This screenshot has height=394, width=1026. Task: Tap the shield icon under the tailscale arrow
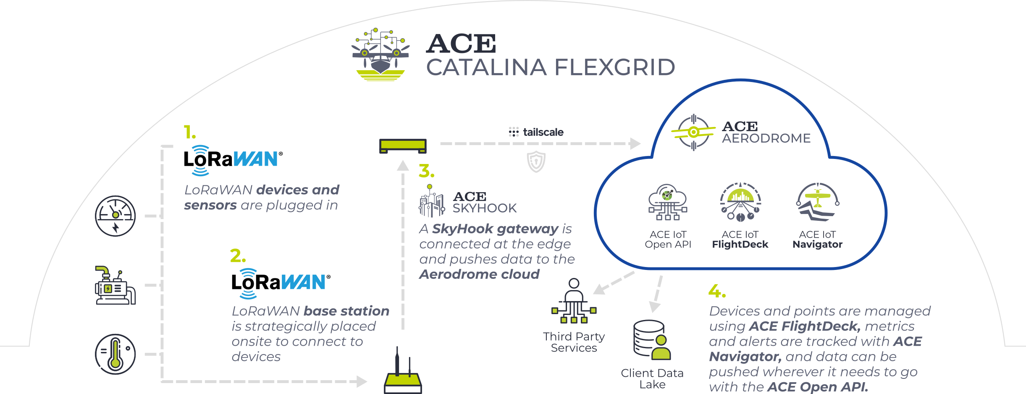(536, 161)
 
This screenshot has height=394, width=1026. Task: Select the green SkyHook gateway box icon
(403, 146)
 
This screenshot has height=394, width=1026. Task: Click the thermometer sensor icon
(115, 354)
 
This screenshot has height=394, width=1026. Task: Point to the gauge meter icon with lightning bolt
(115, 216)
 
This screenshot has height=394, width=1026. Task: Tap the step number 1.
(189, 132)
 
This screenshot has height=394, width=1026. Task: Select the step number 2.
(237, 256)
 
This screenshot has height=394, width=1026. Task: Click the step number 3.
(426, 171)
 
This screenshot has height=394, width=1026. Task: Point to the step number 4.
(716, 291)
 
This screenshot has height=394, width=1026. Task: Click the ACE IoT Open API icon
(668, 202)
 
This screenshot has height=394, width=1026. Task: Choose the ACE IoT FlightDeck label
(740, 240)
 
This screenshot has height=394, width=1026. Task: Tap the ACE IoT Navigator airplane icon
(817, 201)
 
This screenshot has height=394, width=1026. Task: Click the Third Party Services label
(574, 342)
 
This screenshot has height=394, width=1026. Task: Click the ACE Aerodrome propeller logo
(693, 132)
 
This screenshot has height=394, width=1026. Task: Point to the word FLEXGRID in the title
(614, 67)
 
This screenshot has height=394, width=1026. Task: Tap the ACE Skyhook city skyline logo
(432, 201)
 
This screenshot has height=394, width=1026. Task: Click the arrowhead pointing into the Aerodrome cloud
(635, 143)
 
